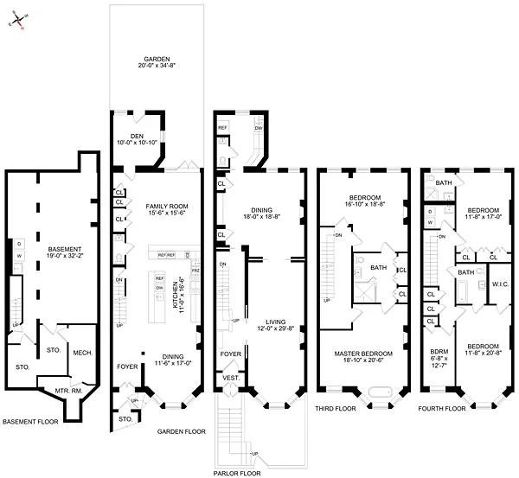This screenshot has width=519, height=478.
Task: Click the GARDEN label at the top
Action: pyautogui.click(x=157, y=59)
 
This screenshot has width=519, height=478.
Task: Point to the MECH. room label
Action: pyautogui.click(x=82, y=352)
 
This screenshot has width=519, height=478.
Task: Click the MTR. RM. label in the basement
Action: pyautogui.click(x=66, y=390)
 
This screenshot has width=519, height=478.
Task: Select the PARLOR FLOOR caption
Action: pyautogui.click(x=239, y=473)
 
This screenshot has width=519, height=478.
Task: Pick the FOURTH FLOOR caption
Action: pyautogui.click(x=443, y=408)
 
